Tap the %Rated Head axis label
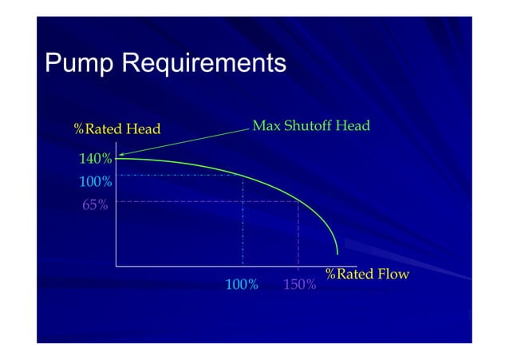tap(117, 129)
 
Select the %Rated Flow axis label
tap(367, 275)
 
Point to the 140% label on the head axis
tap(95, 160)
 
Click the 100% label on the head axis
tap(95, 182)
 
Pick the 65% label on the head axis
tap(95, 204)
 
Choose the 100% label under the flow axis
tap(242, 284)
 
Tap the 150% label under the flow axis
tap(300, 284)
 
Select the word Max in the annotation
tap(266, 126)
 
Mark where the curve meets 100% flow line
tap(243, 175)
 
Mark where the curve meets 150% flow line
tap(298, 201)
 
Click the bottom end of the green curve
tap(337, 254)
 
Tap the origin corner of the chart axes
tap(116, 265)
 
